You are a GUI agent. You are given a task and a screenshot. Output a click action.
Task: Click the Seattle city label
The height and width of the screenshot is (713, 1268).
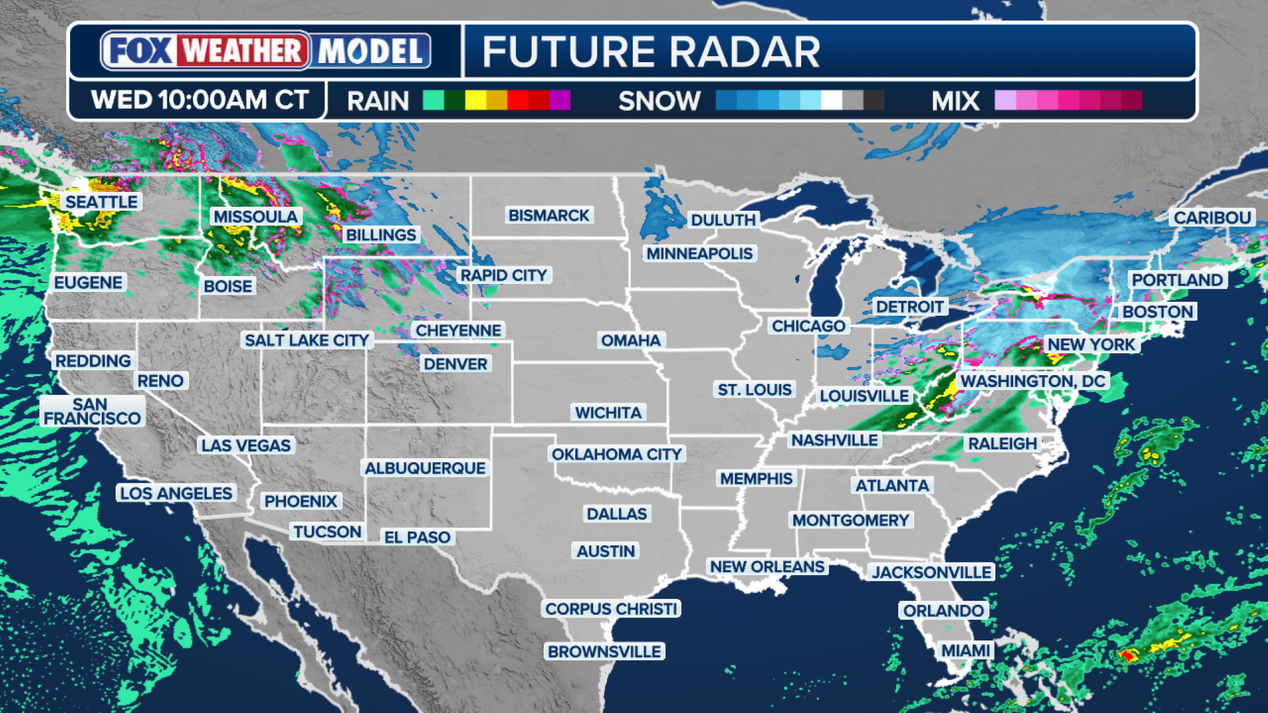[102, 202]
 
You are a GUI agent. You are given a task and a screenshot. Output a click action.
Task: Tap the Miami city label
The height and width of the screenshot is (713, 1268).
[966, 651]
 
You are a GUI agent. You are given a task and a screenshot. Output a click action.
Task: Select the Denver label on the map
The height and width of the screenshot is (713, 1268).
[455, 364]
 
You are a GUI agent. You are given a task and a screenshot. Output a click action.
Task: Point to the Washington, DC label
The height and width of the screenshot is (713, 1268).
[1033, 381]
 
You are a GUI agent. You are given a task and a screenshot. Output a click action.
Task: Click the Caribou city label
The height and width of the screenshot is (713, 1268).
[1212, 218]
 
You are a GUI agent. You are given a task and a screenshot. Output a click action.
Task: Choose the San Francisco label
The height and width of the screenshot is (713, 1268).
[92, 411]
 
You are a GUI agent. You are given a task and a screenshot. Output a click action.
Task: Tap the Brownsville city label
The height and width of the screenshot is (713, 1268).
[604, 652]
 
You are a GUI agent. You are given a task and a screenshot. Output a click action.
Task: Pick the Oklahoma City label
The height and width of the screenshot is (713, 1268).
[616, 454]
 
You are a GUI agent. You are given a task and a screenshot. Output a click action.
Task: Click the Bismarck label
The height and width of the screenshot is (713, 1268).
[549, 215]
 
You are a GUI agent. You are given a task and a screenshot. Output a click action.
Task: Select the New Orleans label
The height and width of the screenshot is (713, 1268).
[767, 566]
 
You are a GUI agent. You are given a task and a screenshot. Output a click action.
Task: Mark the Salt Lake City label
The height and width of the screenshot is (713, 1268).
[307, 340]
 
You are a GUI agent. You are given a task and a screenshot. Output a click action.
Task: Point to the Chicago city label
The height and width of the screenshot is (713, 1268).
[808, 326]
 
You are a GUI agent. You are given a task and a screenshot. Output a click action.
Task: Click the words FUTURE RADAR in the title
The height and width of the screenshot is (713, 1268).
[651, 52]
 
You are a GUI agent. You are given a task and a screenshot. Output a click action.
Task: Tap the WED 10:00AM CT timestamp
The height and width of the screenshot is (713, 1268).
[199, 100]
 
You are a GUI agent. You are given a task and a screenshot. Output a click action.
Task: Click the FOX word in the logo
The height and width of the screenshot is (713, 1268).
[139, 51]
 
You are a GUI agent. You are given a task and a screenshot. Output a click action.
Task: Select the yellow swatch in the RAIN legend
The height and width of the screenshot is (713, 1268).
[475, 100]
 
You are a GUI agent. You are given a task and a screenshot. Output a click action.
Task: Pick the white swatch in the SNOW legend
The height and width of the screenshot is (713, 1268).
[831, 100]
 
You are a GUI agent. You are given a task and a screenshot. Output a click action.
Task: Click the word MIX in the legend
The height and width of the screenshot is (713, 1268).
[955, 101]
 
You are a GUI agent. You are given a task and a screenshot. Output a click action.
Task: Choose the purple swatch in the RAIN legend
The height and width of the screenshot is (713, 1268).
[559, 100]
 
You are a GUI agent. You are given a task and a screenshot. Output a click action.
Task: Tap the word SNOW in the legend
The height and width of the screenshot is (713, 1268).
[659, 101]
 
